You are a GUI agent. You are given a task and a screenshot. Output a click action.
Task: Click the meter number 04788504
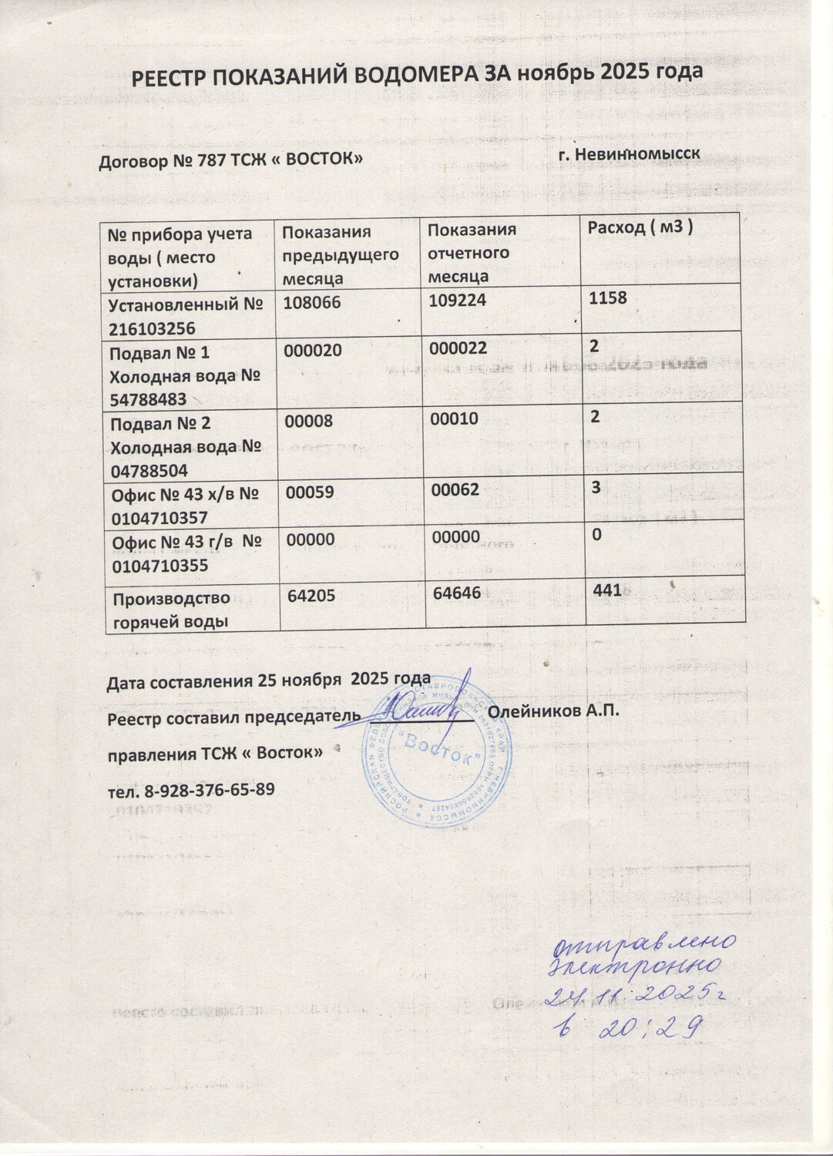coord(149,469)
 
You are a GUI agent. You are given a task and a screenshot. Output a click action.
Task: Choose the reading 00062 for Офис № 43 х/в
coord(455,489)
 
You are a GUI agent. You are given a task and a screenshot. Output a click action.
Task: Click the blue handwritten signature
coord(421,705)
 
